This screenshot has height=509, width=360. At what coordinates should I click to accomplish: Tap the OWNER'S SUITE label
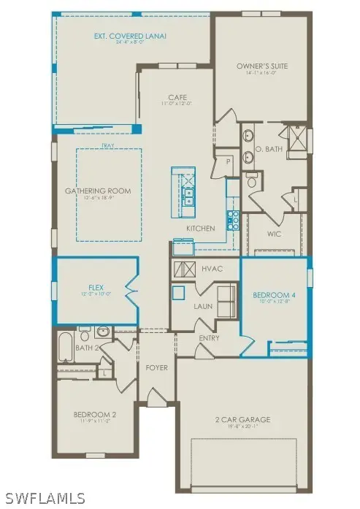tap(262, 66)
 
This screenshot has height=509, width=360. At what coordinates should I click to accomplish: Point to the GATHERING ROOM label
tap(108, 191)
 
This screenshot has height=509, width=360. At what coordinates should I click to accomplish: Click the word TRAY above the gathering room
tap(108, 145)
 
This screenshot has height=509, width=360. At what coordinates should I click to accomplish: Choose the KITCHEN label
tap(201, 229)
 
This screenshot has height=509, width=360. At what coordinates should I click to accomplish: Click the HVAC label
tap(212, 269)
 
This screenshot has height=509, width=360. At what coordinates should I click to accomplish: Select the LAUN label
tap(202, 306)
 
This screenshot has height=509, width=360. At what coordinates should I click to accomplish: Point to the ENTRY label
tap(210, 338)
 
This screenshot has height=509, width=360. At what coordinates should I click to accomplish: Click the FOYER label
tap(157, 367)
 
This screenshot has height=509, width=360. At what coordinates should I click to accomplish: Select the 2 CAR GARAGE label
tap(244, 419)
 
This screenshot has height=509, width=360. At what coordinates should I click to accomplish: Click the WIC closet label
tap(274, 234)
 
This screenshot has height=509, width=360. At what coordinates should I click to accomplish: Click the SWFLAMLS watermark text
tap(44, 499)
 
